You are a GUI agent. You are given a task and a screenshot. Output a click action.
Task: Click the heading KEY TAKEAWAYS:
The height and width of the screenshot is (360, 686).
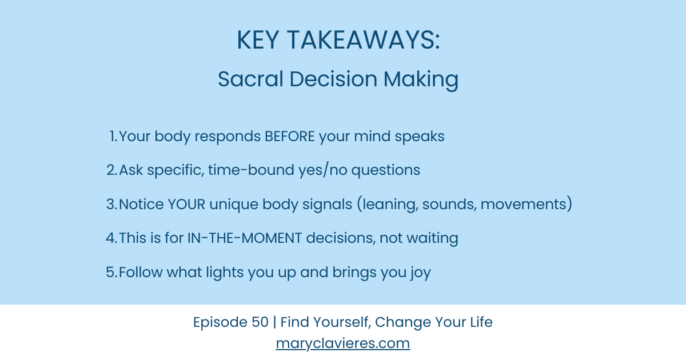pos(338,41)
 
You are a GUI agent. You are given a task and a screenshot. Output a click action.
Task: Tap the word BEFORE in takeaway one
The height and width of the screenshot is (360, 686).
pos(289,137)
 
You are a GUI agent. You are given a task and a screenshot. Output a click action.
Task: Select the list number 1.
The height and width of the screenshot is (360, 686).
pos(113,137)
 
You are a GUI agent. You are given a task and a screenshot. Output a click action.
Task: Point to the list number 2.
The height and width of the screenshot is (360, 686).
pos(111,170)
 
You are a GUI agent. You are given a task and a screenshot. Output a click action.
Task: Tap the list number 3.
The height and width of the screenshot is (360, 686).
pos(111,204)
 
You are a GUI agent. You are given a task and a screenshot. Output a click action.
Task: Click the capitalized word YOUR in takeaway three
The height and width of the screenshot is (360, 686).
pos(187,204)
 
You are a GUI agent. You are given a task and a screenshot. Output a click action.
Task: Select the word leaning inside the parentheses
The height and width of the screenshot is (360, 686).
pos(389,204)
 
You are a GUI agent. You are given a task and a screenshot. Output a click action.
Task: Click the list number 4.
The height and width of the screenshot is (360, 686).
pos(111,238)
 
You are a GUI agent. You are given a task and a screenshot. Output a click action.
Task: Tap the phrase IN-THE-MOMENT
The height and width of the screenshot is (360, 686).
pos(245,238)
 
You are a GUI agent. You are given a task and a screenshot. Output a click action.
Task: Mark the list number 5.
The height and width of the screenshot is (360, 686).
pos(111,272)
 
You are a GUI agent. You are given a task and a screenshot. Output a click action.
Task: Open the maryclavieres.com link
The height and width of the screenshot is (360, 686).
pos(342,343)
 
